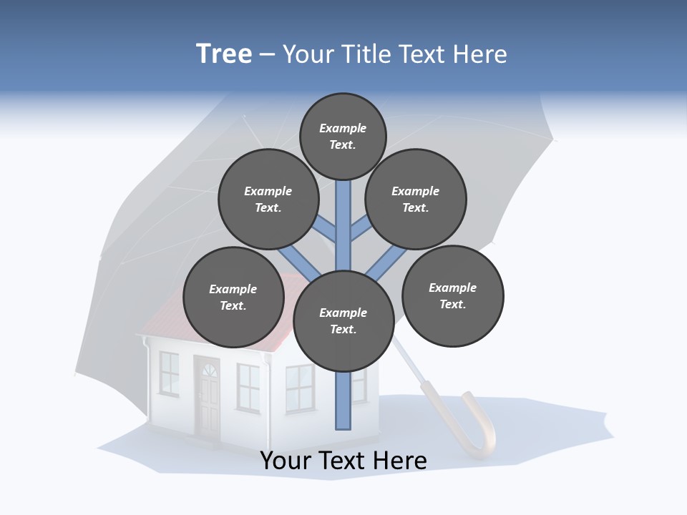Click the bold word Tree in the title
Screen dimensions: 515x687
[x=224, y=54]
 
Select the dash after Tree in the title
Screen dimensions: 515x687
[x=268, y=55]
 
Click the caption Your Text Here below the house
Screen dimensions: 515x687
[x=343, y=461]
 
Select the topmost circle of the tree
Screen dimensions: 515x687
[x=343, y=136]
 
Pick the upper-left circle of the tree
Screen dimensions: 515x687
[x=268, y=199]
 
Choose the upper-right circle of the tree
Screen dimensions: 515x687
[x=416, y=199]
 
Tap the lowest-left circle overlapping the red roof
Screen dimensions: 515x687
[x=233, y=297]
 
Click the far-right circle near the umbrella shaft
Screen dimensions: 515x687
[x=452, y=295]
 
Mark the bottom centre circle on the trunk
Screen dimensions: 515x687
[x=343, y=321]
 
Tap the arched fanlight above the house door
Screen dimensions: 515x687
[x=208, y=371]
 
